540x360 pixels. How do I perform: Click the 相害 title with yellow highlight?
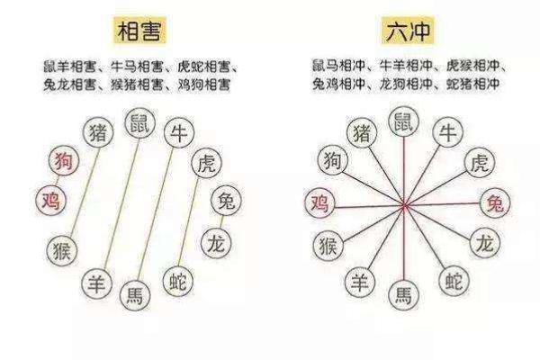[139, 31]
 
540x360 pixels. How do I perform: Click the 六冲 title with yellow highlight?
[409, 31]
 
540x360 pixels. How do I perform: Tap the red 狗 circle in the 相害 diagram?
[64, 160]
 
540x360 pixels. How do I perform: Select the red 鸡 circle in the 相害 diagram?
[51, 200]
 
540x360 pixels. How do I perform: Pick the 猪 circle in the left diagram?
[98, 132]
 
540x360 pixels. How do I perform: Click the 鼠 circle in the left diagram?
[140, 123]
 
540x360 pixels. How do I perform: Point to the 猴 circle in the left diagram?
[62, 250]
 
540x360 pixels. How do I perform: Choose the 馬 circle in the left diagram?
[135, 295]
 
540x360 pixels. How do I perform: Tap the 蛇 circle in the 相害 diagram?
[178, 282]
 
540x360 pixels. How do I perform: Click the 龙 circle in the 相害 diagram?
[216, 243]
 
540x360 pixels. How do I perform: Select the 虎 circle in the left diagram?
[207, 163]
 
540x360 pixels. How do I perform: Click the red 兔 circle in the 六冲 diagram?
[495, 202]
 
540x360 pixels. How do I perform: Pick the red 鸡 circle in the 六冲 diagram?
[319, 202]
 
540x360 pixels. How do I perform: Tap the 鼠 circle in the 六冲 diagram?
[403, 121]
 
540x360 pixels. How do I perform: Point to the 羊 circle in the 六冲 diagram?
[360, 283]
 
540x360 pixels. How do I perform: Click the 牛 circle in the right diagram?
[447, 132]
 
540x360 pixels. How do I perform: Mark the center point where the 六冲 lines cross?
[405, 206]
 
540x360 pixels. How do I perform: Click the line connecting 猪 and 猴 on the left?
[85, 192]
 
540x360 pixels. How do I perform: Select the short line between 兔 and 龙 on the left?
[221, 222]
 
